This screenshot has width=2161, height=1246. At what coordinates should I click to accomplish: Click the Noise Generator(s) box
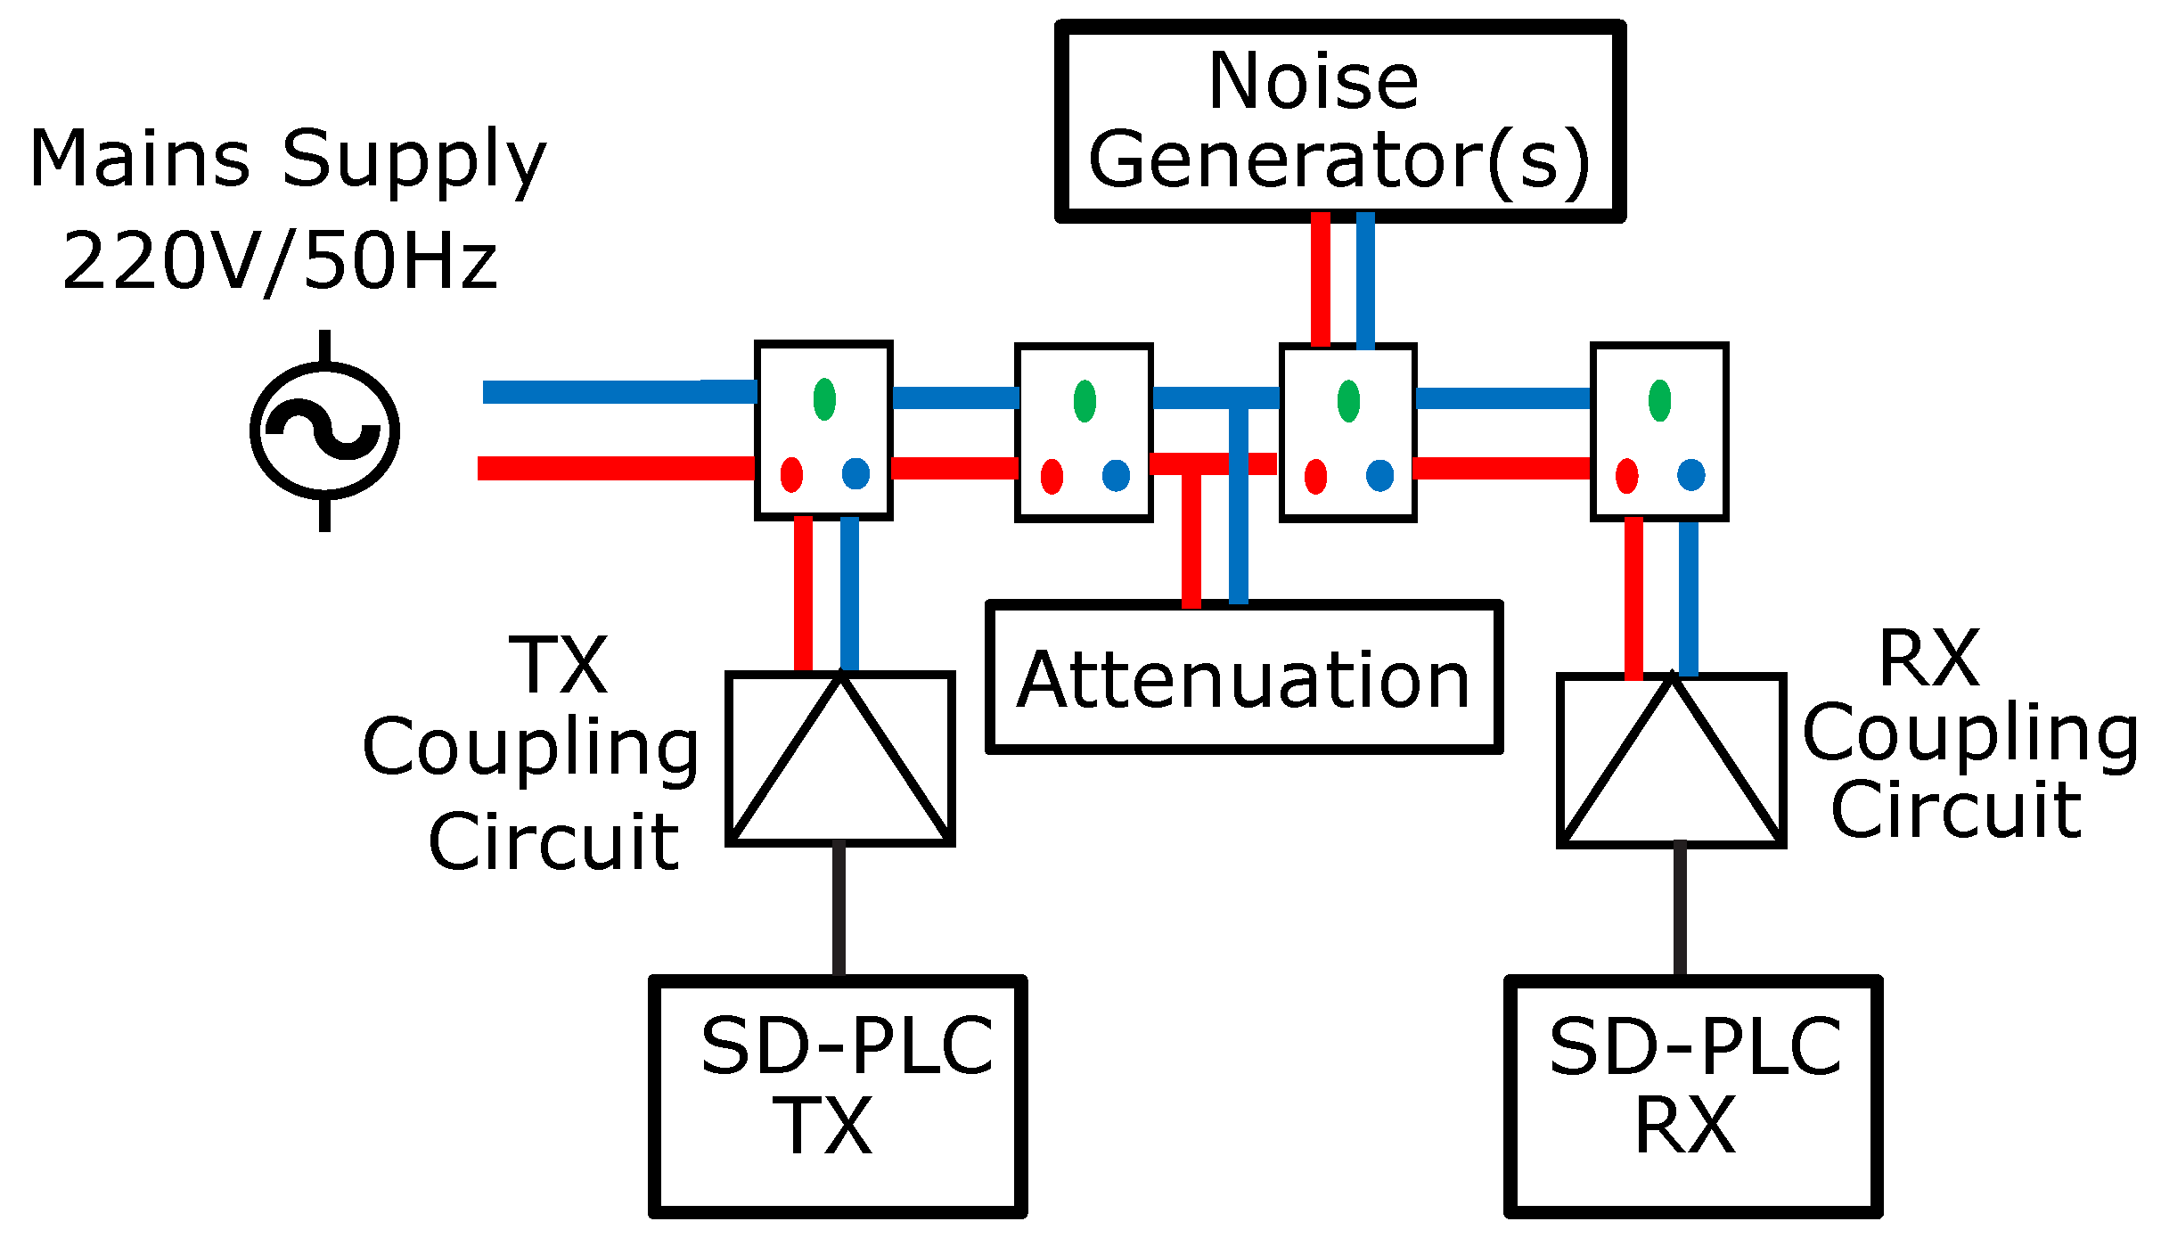[1339, 121]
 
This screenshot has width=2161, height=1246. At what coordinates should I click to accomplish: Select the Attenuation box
[1243, 678]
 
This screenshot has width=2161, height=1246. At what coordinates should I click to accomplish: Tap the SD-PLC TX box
[838, 1095]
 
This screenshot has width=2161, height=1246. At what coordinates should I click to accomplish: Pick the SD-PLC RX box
[1692, 1095]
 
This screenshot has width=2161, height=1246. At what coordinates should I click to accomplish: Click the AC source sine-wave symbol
[324, 431]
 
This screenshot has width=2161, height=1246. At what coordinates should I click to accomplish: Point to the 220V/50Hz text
[279, 261]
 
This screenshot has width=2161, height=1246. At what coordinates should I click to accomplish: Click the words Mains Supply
[287, 159]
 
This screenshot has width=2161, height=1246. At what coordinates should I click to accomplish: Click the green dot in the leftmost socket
[824, 398]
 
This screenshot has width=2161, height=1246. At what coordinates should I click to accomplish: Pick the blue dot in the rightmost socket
[1690, 475]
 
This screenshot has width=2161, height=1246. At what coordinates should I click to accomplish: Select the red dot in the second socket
[1052, 476]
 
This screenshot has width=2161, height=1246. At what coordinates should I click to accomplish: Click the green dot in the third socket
[1348, 400]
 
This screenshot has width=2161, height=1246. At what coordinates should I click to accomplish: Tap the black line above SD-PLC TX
[839, 909]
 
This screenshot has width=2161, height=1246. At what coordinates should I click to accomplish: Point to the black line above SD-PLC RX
[1680, 909]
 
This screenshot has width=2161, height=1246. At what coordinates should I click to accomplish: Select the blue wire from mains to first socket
[619, 392]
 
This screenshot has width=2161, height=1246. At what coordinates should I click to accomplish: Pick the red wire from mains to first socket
[615, 468]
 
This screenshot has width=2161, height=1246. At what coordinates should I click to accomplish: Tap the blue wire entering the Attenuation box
[1239, 535]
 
